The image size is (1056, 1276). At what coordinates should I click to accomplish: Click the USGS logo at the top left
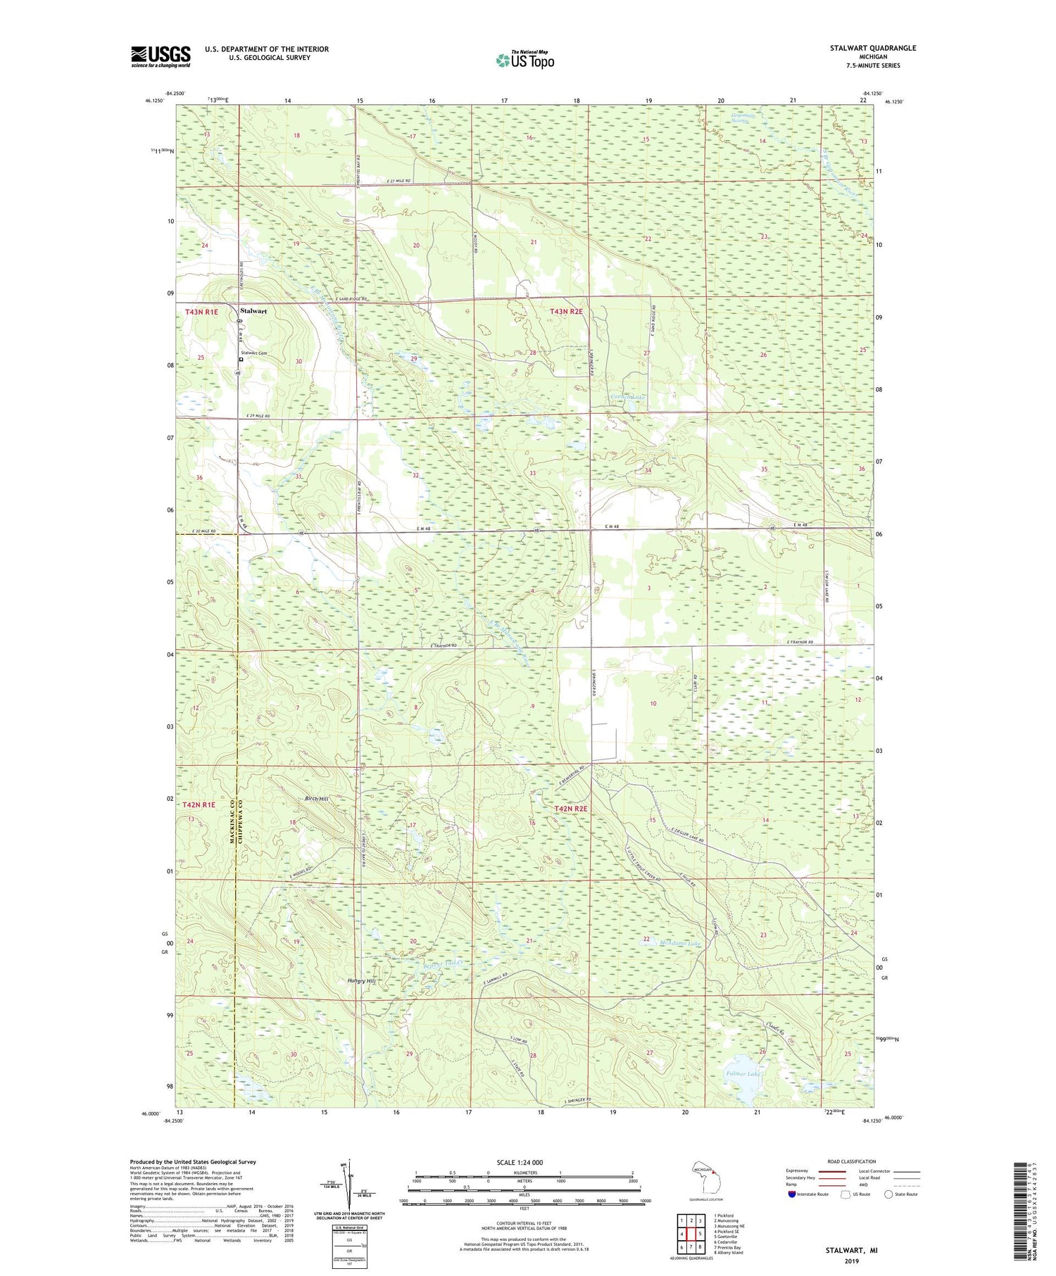click(x=161, y=56)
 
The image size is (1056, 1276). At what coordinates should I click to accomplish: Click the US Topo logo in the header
click(x=524, y=61)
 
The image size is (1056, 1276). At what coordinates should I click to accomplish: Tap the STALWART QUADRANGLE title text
click(x=873, y=48)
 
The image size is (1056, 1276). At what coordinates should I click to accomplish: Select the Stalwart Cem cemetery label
click(x=253, y=353)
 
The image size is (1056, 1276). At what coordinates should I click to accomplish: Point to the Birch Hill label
click(x=317, y=799)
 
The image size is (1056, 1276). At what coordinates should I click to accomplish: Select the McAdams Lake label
click(x=680, y=943)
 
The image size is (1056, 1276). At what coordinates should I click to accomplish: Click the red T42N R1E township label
click(x=199, y=804)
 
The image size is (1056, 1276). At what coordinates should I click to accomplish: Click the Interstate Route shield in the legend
click(x=791, y=1194)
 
